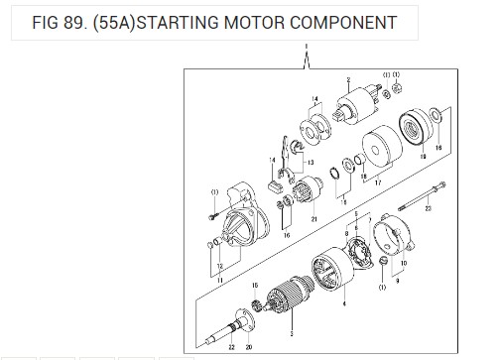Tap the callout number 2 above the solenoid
pyautogui.click(x=348, y=78)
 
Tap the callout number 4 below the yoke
pyautogui.click(x=343, y=304)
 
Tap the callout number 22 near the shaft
pyautogui.click(x=232, y=347)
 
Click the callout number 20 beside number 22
pyautogui.click(x=248, y=347)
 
